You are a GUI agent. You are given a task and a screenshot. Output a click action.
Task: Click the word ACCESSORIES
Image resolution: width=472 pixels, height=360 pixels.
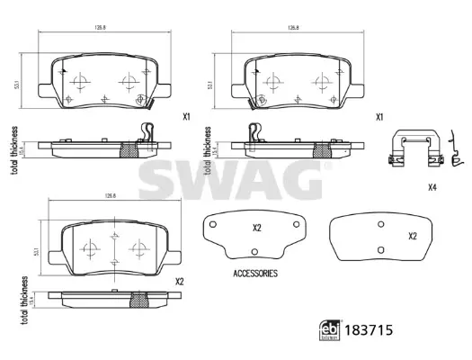coord(255,272)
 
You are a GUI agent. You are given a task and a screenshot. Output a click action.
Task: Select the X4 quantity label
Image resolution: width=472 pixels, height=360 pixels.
coord(432,187)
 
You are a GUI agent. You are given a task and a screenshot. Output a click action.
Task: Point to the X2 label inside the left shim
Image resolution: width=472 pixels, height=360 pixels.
coord(256,228)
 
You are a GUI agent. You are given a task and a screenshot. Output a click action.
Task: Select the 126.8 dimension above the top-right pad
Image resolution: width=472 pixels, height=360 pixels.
coord(292,28)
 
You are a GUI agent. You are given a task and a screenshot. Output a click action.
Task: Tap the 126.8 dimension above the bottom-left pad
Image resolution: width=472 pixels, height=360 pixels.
coord(110,195)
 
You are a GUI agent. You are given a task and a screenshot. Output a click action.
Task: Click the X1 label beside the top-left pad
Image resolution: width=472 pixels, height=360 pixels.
coord(186,117)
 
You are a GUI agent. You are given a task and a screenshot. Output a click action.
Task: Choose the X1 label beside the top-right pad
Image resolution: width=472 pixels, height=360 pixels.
coord(379,117)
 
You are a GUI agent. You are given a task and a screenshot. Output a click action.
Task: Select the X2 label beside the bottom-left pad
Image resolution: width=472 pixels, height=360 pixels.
coord(180,282)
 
